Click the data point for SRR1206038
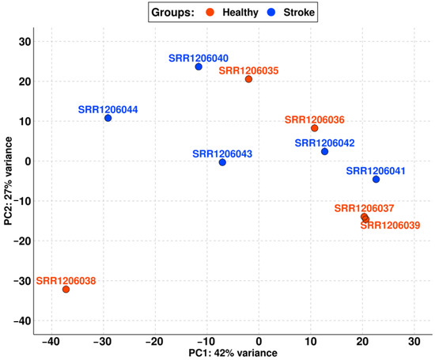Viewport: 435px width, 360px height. [x=66, y=290]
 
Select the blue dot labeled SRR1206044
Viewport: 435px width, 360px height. [x=108, y=119]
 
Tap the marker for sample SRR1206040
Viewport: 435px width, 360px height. [x=199, y=67]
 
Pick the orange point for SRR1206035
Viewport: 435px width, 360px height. [x=248, y=79]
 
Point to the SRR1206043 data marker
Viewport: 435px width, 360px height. [x=222, y=162]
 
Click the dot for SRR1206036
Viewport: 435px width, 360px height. [x=314, y=128]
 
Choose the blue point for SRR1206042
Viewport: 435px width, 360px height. [x=324, y=151]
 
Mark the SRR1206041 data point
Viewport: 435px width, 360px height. [x=376, y=180]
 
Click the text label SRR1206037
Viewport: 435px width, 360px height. [x=363, y=208]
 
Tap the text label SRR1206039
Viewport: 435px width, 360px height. [x=390, y=225]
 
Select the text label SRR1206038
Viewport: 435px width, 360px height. [x=66, y=279]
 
